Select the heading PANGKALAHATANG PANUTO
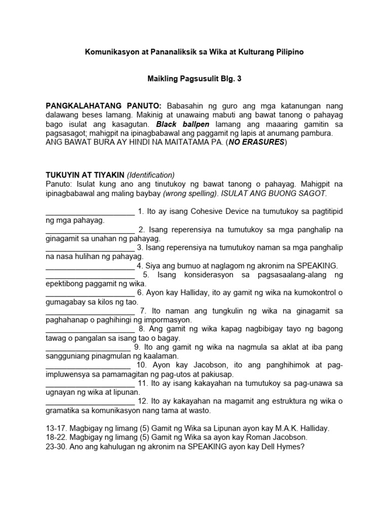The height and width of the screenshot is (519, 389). tap(104, 106)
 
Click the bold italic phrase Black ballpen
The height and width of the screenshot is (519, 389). tap(181, 124)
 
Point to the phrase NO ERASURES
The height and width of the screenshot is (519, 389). tap(259, 142)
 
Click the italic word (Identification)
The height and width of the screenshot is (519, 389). tap(151, 174)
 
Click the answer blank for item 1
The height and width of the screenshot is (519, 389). tap(90, 211)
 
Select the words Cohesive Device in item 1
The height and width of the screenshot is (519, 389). tap(205, 211)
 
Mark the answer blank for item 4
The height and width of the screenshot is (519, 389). tap(90, 266)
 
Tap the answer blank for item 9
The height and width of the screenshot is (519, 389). tap(88, 348)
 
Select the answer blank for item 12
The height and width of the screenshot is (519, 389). tap(90, 402)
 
